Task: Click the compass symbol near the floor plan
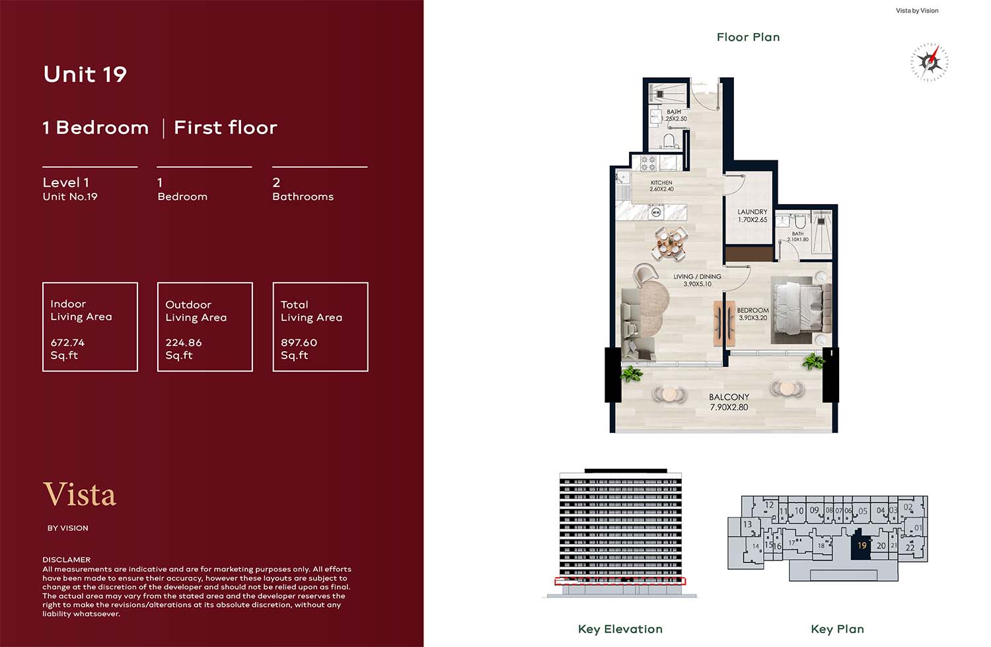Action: [929, 62]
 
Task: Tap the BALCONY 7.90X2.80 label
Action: [729, 402]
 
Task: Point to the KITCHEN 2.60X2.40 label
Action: [661, 186]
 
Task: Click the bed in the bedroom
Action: [801, 310]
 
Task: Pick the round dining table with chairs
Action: [669, 243]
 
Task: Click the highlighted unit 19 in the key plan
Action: [861, 545]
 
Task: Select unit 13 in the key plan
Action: [747, 524]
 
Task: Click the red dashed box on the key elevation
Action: [620, 581]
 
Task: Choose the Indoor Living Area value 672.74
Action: [67, 342]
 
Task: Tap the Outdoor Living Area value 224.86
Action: [183, 342]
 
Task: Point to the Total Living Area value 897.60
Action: [299, 342]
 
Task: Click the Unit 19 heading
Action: [85, 74]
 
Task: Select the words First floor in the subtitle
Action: [226, 127]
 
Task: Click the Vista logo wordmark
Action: [80, 494]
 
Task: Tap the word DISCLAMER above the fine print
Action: [66, 559]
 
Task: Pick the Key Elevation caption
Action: [620, 629]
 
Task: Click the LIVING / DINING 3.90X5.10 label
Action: [697, 280]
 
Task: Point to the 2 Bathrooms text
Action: [303, 189]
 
